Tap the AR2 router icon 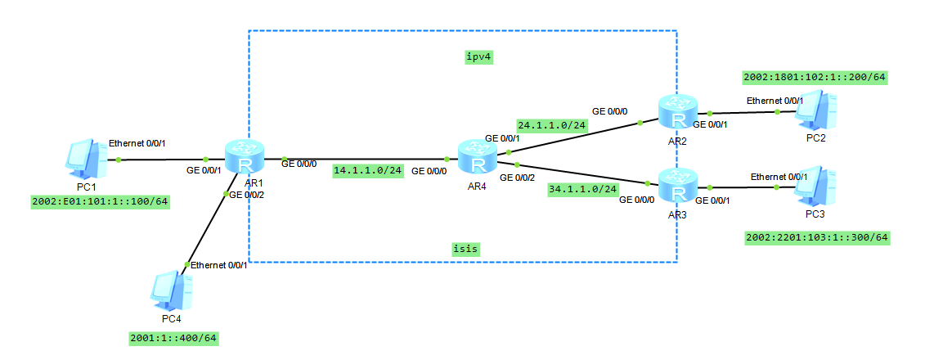coord(678,111)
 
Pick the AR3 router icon coord(678,186)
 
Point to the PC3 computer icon coord(818,187)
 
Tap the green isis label coord(465,248)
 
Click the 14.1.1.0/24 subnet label coord(368,172)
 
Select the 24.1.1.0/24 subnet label coord(552,125)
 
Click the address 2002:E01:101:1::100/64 coord(99,201)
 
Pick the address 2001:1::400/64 coord(174,337)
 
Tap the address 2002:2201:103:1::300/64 coord(817,238)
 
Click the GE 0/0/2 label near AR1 coord(247,195)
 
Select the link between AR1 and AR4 coord(364,158)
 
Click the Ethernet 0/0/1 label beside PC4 coord(218,265)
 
